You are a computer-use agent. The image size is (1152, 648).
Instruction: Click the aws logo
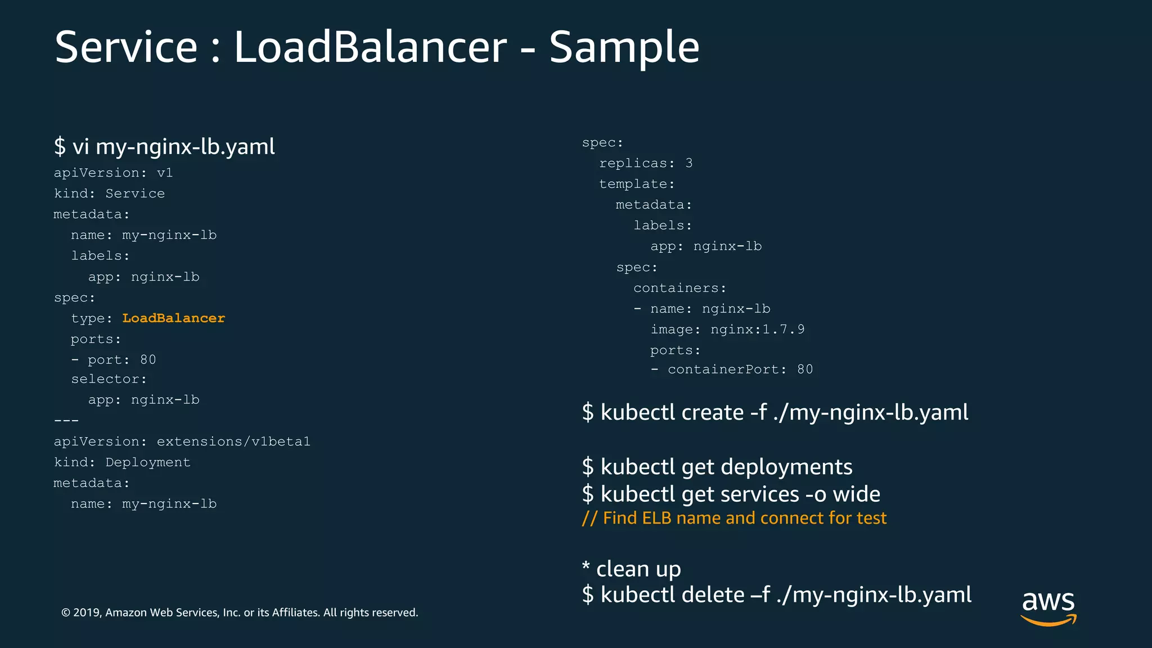click(x=1048, y=606)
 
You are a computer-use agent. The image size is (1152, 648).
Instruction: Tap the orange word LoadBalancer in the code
click(x=173, y=318)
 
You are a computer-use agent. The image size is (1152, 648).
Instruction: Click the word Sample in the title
click(x=624, y=47)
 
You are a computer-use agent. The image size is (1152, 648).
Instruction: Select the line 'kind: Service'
click(x=109, y=193)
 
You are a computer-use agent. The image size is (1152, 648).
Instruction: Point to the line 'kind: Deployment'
click(x=122, y=462)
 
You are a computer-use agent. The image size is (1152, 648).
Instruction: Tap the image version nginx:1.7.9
click(x=757, y=330)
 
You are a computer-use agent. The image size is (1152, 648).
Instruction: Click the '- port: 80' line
click(x=113, y=360)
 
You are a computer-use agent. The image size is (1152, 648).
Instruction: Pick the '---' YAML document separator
click(x=66, y=421)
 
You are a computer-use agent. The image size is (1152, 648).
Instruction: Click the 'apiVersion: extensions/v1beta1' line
click(x=182, y=442)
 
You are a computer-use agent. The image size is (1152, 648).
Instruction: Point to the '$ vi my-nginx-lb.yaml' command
click(x=164, y=147)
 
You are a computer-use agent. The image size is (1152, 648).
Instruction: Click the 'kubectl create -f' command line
click(x=775, y=412)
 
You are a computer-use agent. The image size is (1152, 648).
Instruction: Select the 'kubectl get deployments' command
click(x=717, y=467)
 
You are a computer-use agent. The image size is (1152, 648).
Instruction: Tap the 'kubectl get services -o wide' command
click(x=731, y=494)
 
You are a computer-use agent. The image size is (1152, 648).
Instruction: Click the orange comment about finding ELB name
click(x=734, y=518)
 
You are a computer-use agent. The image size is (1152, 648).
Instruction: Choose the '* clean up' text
click(x=632, y=569)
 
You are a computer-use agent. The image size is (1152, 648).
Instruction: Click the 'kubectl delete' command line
click(x=777, y=595)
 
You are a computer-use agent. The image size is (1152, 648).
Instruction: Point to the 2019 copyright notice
click(x=240, y=613)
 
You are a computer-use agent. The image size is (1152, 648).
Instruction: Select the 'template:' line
click(x=637, y=184)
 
